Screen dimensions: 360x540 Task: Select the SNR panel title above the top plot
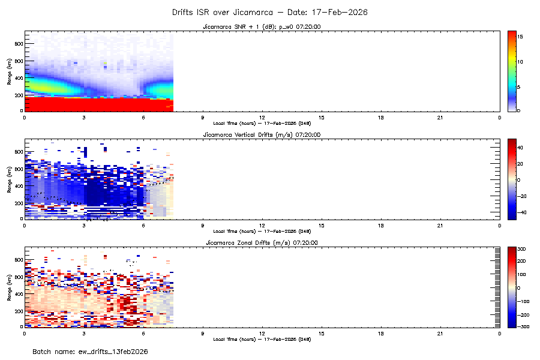point(262,26)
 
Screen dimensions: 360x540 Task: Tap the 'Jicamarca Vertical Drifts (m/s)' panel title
point(262,134)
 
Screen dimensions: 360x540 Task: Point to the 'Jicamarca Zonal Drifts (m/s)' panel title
point(262,242)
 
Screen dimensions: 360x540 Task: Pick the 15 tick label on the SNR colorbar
point(521,37)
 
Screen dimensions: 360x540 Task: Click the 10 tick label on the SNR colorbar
point(521,62)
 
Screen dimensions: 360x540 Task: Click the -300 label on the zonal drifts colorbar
point(522,327)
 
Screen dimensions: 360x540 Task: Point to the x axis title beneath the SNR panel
point(262,123)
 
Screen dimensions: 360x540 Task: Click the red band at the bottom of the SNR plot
point(96,104)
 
